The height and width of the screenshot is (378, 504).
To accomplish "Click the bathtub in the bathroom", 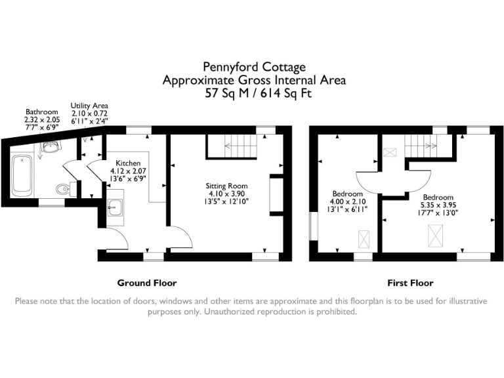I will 22,175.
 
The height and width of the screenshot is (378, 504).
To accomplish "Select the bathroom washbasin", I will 49,148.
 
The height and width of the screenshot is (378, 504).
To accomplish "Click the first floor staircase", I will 420,142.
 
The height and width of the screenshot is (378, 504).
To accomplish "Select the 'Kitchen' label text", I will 127,163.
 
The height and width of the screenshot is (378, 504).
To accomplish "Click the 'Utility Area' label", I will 90,106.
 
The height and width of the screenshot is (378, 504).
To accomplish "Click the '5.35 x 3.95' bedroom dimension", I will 437,205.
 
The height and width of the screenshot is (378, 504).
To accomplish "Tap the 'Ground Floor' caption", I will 147,283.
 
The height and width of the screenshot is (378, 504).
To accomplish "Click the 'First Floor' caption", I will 411,283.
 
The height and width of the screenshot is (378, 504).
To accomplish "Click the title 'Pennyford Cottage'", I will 254,67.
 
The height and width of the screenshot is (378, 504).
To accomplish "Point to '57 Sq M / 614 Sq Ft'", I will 254,93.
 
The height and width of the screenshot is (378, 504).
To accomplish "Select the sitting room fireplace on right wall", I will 276,196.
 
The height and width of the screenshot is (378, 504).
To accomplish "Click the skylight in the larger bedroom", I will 434,233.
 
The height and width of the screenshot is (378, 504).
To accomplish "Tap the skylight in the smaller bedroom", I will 363,238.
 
